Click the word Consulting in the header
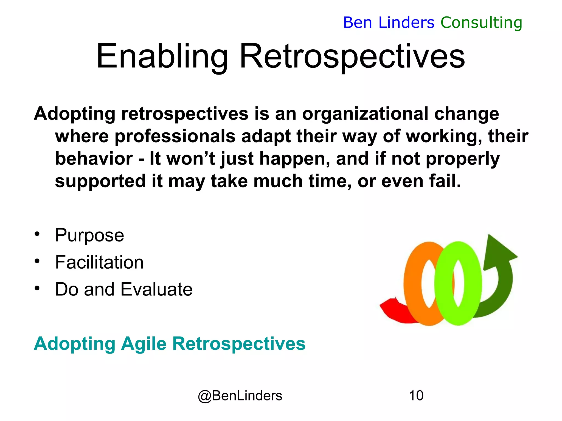click(x=481, y=22)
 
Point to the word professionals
click(x=175, y=136)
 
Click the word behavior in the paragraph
click(x=94, y=159)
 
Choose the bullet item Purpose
click(x=89, y=235)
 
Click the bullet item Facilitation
click(x=99, y=262)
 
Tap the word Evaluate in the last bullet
click(x=156, y=289)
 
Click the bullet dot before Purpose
click(x=37, y=234)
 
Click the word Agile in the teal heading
click(x=144, y=344)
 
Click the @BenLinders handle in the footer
click(x=240, y=396)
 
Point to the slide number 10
click(x=416, y=396)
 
